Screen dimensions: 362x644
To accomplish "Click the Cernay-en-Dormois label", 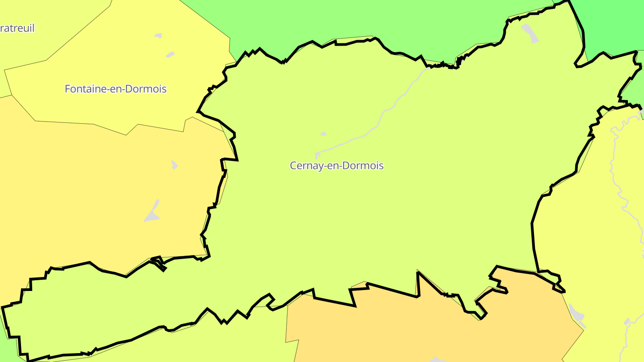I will tap(336, 165).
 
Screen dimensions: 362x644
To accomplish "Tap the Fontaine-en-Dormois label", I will tap(115, 89).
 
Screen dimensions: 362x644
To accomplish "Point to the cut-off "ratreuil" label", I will tap(17, 28).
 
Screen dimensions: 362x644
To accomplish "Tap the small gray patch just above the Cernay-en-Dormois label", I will tap(323, 134).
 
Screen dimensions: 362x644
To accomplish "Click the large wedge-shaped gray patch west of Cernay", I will tap(152, 215).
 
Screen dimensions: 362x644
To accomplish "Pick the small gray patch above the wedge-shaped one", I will tap(174, 165).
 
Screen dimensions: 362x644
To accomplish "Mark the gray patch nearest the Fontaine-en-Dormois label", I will tap(170, 55).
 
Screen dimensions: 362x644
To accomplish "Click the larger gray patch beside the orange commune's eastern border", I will tap(577, 315).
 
